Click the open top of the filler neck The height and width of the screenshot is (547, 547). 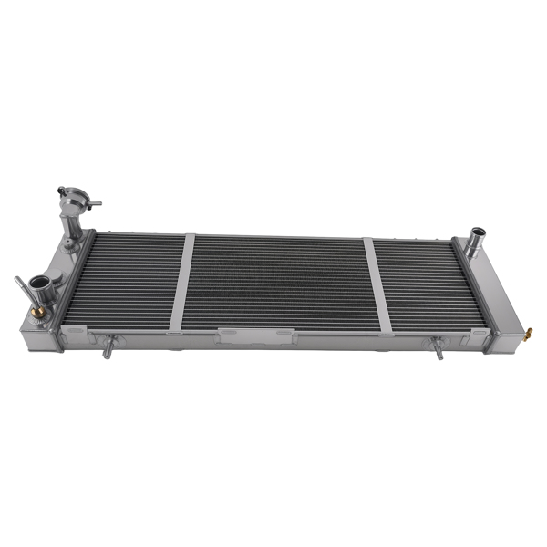click(x=73, y=192)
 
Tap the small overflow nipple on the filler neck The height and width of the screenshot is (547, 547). click(x=95, y=204)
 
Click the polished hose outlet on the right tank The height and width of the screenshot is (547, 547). click(x=473, y=243)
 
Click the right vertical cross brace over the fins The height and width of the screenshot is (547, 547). click(x=378, y=285)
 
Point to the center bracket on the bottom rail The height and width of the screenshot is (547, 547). click(x=240, y=337)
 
